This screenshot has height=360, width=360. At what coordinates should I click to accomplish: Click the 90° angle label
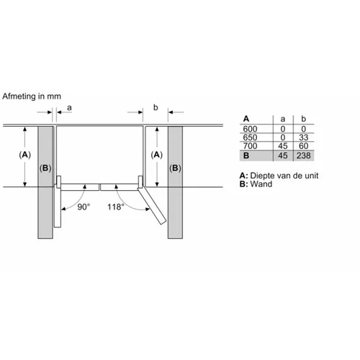click(84, 207)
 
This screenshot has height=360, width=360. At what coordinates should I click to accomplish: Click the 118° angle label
click(116, 207)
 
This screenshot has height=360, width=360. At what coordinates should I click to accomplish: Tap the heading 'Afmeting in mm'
click(32, 96)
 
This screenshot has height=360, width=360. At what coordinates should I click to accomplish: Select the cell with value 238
click(304, 156)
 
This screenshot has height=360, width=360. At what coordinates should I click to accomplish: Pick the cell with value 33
click(304, 138)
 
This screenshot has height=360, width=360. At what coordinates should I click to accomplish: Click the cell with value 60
click(304, 145)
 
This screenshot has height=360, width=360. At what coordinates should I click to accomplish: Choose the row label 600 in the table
click(250, 129)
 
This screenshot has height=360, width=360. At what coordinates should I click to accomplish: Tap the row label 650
click(250, 138)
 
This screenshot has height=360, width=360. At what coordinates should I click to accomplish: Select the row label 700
click(250, 145)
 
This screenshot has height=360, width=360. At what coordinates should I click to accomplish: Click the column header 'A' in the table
click(246, 119)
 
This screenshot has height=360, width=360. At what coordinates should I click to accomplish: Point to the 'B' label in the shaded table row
click(246, 156)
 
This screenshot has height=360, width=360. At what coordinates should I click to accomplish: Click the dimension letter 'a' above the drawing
click(69, 107)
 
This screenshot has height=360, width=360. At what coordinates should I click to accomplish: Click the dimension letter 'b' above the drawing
click(156, 107)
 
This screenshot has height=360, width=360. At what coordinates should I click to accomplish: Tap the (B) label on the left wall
click(45, 168)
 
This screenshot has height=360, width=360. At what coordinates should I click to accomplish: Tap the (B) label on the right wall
click(175, 168)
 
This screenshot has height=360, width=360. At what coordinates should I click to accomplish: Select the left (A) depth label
click(25, 155)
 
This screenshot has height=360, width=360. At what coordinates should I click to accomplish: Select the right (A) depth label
click(157, 155)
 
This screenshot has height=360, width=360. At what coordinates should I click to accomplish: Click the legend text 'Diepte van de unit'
click(284, 176)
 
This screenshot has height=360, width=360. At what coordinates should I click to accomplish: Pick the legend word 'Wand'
click(261, 184)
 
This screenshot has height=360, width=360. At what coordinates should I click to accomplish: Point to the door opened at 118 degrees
click(152, 206)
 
